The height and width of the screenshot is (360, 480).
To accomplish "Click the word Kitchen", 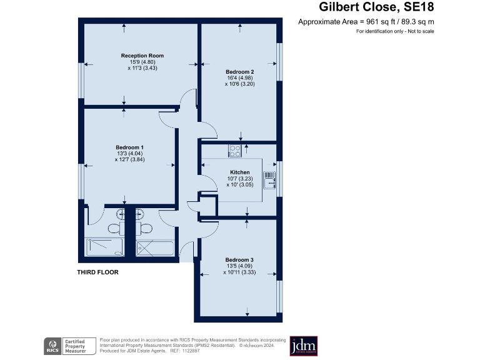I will (x=240, y=172).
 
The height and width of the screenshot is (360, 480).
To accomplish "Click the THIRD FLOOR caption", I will (x=97, y=272).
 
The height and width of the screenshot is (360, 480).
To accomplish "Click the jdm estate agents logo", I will (x=304, y=346).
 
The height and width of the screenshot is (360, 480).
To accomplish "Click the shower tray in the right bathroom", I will (x=154, y=247).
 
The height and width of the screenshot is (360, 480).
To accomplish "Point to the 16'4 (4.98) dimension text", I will (x=240, y=78).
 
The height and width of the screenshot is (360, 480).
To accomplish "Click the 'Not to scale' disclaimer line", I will (x=394, y=31).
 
